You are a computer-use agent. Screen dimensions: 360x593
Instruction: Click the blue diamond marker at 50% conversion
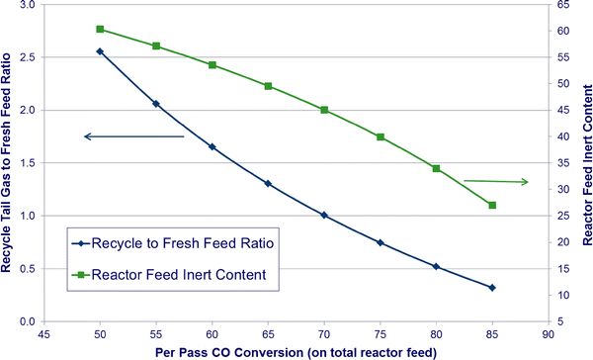point(100,51)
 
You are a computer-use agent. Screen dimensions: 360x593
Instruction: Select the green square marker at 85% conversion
point(492,205)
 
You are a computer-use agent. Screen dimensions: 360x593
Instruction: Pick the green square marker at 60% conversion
point(212,65)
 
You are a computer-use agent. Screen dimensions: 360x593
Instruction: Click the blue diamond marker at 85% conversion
point(492,288)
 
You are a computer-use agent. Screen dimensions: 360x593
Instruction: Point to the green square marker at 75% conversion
point(381,136)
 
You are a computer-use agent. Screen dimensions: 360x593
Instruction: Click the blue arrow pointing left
point(133,136)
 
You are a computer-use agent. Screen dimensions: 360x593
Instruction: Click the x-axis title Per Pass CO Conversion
point(296,351)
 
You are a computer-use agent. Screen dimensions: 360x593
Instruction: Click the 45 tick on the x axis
point(44,332)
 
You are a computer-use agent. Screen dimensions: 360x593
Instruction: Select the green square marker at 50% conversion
point(100,30)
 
